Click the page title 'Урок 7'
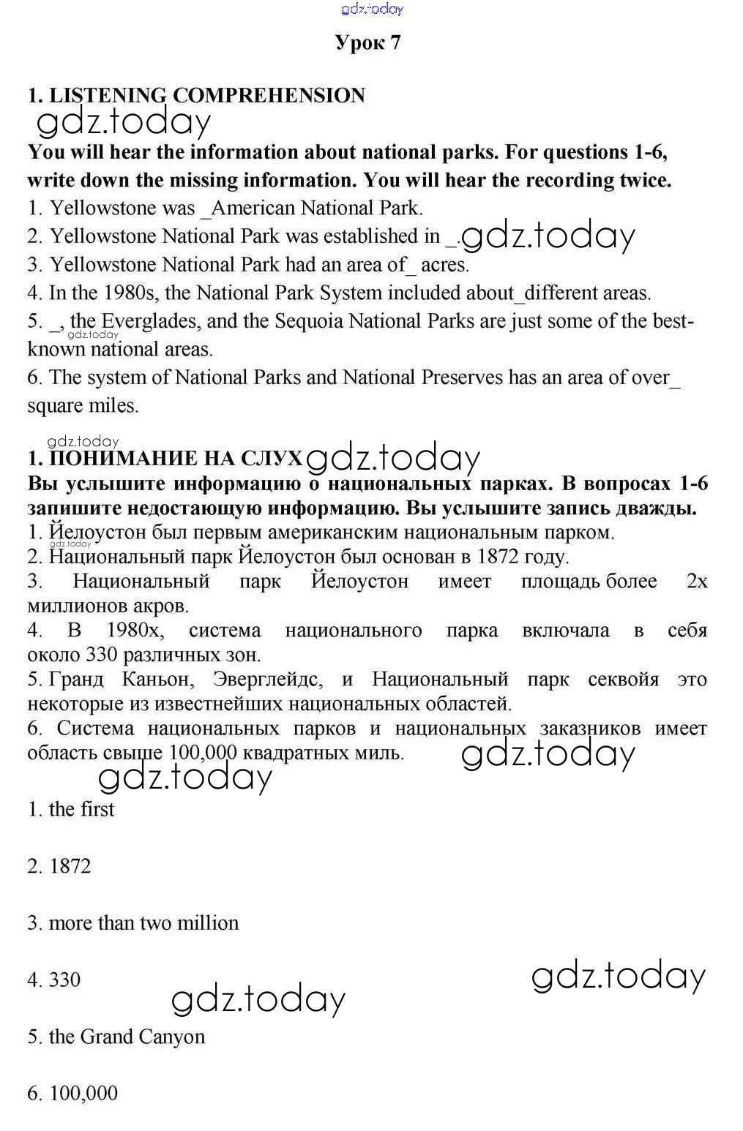pyautogui.click(x=367, y=42)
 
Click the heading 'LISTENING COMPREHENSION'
pyautogui.click(x=206, y=95)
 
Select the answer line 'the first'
pyautogui.click(x=81, y=809)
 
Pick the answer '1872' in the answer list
pyautogui.click(x=70, y=866)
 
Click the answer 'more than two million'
pyautogui.click(x=143, y=923)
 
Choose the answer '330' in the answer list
pyautogui.click(x=64, y=980)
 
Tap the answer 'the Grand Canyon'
pyautogui.click(x=126, y=1037)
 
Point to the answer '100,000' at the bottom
pyautogui.click(x=83, y=1094)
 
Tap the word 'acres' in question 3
pyautogui.click(x=444, y=264)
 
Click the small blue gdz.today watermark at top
pyautogui.click(x=372, y=9)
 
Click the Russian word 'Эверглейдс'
pyautogui.click(x=266, y=680)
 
